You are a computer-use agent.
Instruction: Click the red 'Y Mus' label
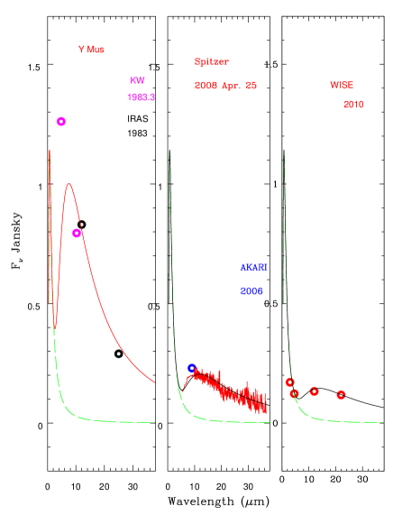91,50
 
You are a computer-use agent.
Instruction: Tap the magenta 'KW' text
137,80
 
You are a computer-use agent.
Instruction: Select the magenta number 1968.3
141,97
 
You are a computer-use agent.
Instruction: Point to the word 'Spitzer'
211,61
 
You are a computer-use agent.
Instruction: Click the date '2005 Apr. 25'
225,86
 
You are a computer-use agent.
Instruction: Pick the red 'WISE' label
342,85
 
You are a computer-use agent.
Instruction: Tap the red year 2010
352,105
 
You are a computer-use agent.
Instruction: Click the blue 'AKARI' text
253,267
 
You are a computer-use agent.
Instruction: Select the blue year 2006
251,291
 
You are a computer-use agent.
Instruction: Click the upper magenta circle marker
61,122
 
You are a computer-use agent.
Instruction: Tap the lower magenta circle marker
77,233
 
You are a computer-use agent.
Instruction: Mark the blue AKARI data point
192,368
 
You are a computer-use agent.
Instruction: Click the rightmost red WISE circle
341,395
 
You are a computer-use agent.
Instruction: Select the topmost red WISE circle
289,382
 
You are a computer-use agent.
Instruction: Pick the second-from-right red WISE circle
314,391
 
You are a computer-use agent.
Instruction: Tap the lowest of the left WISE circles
294,393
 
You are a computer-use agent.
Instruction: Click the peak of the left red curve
69,183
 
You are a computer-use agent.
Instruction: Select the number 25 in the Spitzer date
251,86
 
